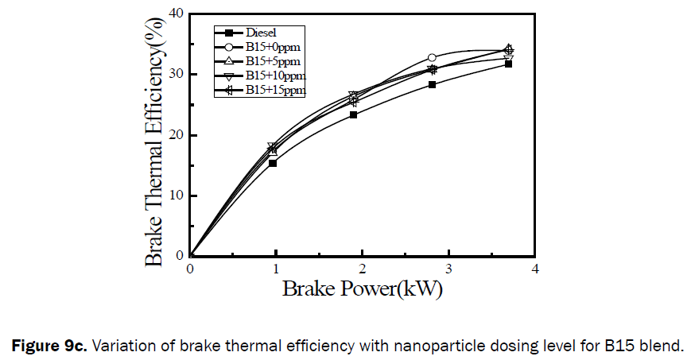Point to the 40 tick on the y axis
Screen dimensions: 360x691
pyautogui.click(x=177, y=14)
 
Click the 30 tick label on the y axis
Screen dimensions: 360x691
pyautogui.click(x=177, y=74)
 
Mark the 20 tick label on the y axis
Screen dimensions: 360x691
pyautogui.click(x=177, y=134)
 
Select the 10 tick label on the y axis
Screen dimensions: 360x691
pyautogui.click(x=177, y=195)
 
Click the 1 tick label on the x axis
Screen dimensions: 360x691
pyautogui.click(x=276, y=269)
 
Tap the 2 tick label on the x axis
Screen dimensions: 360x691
pyautogui.click(x=363, y=269)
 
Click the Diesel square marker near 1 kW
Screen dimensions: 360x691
pyautogui.click(x=273, y=163)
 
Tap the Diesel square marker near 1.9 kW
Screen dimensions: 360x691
pyautogui.click(x=353, y=114)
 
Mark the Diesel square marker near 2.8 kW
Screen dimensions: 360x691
pyautogui.click(x=432, y=84)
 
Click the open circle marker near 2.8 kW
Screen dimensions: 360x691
pyautogui.click(x=432, y=57)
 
